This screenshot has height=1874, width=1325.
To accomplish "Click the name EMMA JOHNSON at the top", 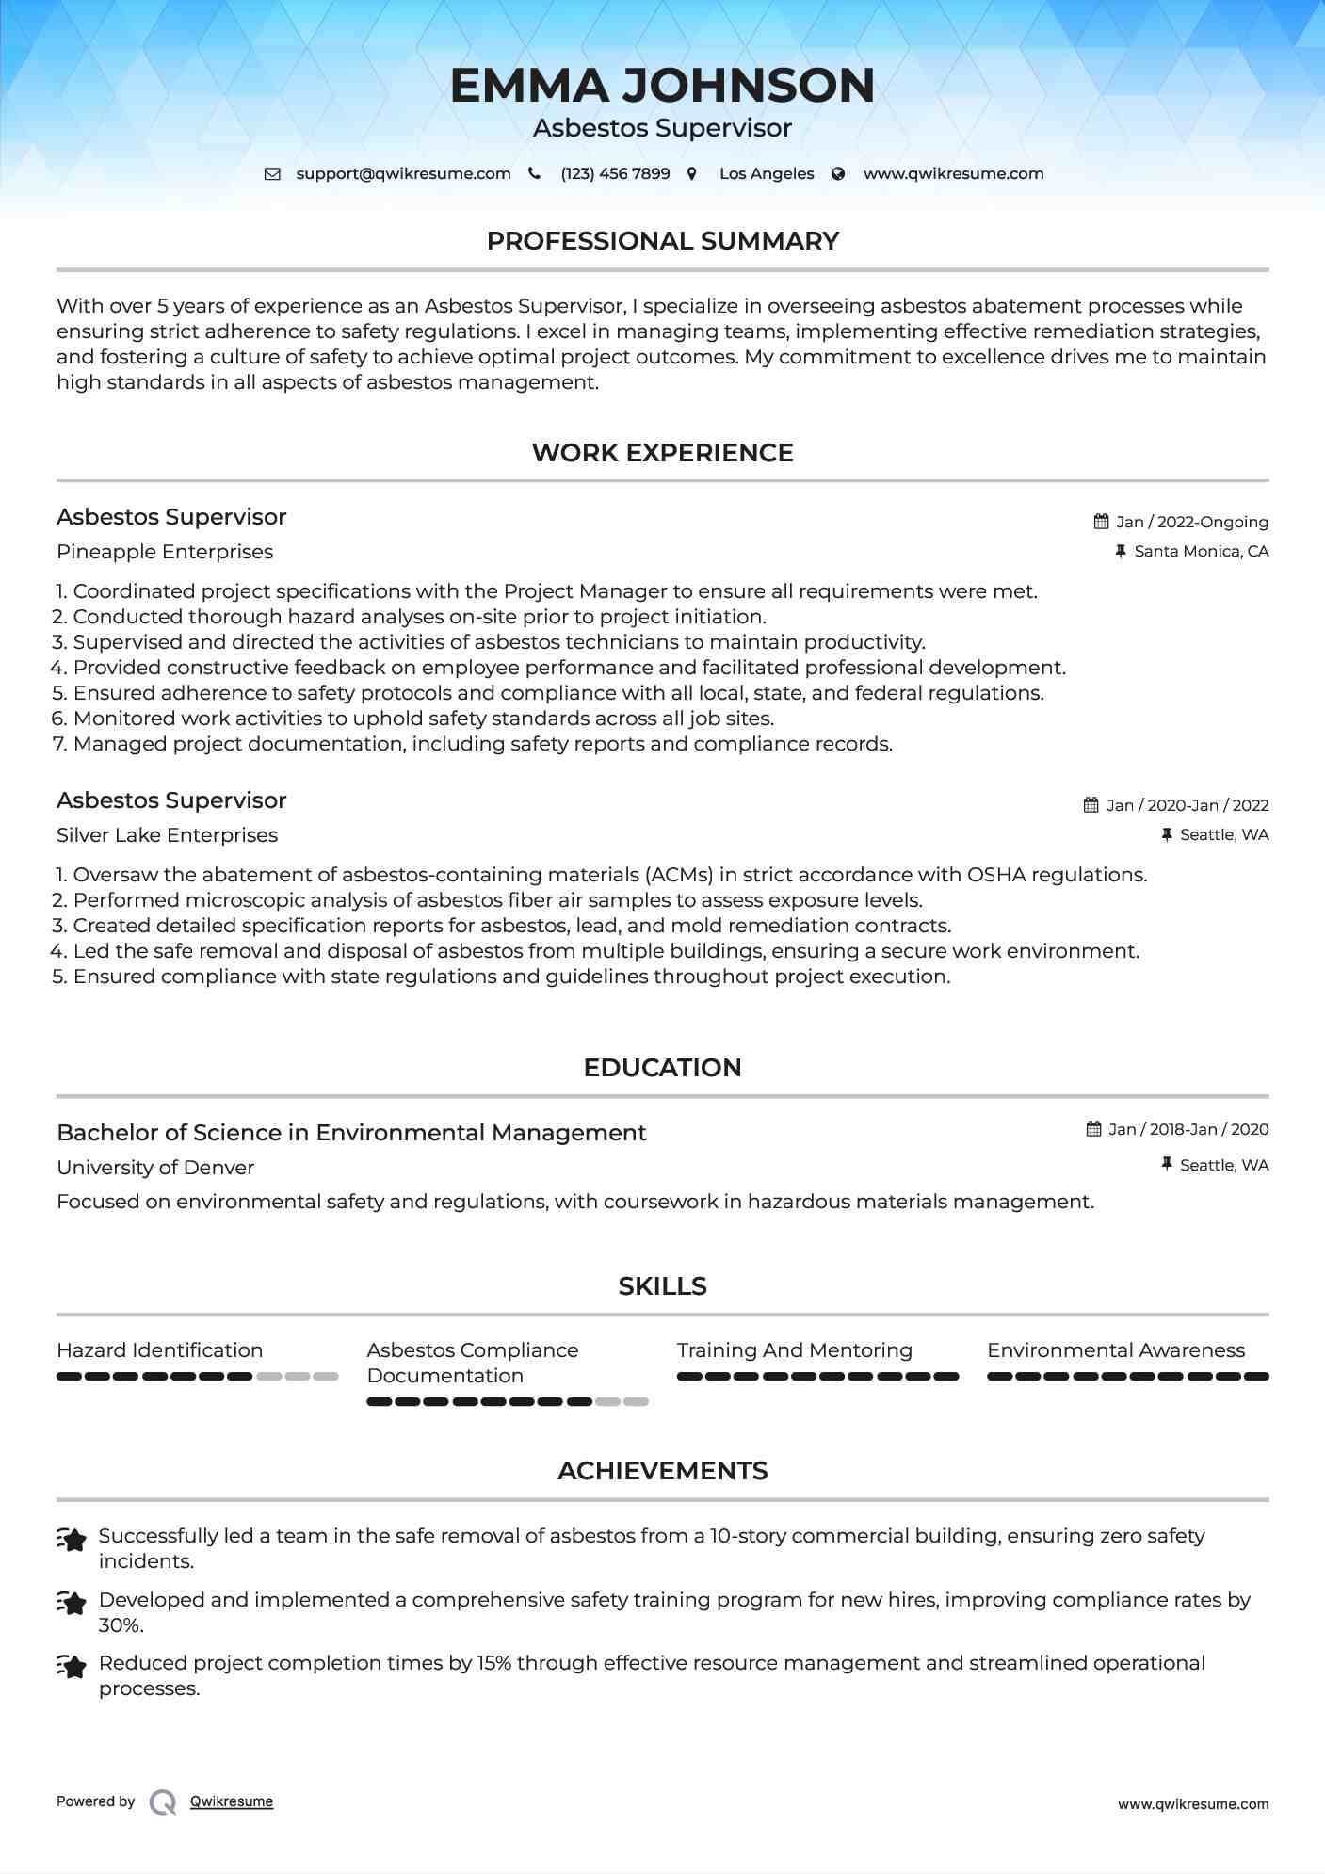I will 662,86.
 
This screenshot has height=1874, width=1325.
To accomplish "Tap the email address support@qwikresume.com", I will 403,174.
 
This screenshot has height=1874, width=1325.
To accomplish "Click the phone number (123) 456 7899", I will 615,174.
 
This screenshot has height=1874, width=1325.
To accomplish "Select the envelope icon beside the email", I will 272,174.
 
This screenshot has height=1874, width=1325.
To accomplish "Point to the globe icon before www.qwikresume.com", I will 838,174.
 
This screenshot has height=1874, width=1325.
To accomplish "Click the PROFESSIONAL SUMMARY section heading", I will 662,241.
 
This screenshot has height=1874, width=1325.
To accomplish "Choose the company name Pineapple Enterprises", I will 165,552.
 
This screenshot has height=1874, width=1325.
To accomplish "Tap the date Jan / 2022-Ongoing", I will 1191,522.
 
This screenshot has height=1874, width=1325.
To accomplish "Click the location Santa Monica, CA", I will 1201,551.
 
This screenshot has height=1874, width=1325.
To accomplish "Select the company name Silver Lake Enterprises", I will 167,835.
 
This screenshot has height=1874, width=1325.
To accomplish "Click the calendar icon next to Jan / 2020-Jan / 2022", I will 1091,805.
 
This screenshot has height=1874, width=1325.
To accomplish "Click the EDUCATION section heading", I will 662,1068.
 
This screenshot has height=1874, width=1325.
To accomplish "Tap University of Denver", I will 155,1168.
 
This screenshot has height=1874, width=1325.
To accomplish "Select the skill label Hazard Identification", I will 159,1350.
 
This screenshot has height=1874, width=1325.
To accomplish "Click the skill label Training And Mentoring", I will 794,1350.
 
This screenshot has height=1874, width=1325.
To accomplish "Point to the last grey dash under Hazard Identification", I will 326,1377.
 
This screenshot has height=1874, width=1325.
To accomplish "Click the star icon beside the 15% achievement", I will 72,1666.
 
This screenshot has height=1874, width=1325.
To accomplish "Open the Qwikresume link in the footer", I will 232,1801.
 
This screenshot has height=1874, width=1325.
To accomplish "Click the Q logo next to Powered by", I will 163,1801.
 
